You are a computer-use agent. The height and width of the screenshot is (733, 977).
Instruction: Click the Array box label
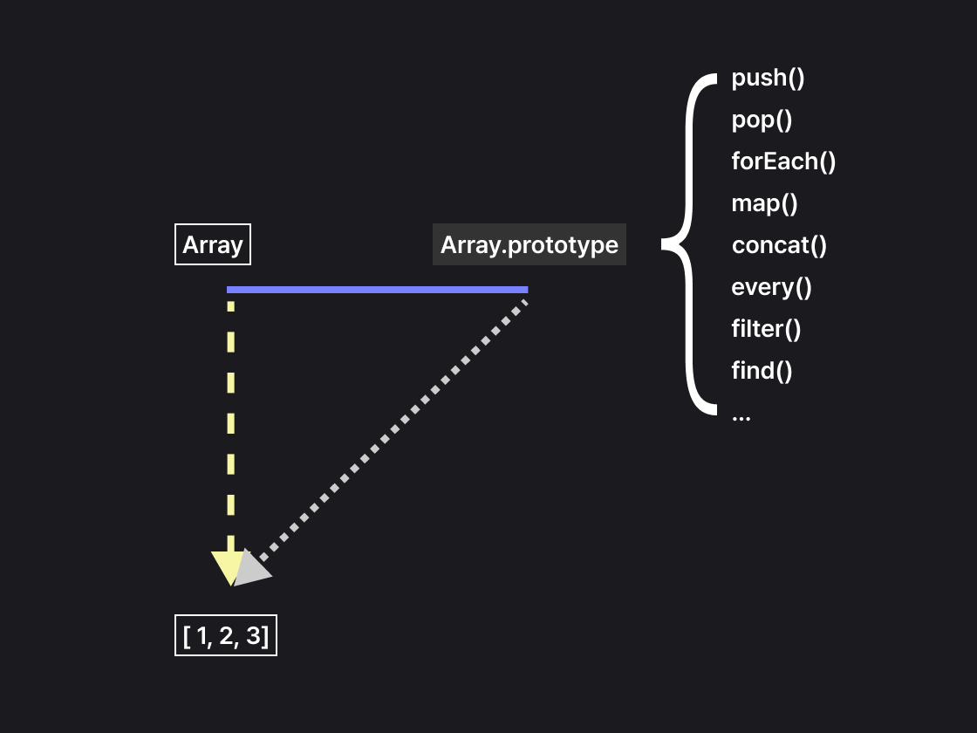pyautogui.click(x=213, y=245)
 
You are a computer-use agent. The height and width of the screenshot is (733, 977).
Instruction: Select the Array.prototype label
pyautogui.click(x=529, y=245)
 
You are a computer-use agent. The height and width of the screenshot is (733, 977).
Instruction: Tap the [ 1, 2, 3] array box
pyautogui.click(x=226, y=636)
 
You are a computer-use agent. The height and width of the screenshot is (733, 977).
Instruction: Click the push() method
pyautogui.click(x=768, y=79)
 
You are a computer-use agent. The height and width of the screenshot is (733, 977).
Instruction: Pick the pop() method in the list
pyautogui.click(x=762, y=120)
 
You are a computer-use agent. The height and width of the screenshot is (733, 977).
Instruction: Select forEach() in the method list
pyautogui.click(x=783, y=161)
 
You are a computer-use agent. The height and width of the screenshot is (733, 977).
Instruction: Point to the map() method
pyautogui.click(x=764, y=203)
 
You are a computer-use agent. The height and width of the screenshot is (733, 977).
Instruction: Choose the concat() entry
pyautogui.click(x=779, y=245)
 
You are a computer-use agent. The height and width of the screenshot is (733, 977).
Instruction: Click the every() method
pyautogui.click(x=771, y=287)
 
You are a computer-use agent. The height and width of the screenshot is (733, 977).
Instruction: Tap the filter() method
pyautogui.click(x=766, y=329)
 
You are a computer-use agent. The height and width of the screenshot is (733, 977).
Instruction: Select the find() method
pyautogui.click(x=762, y=371)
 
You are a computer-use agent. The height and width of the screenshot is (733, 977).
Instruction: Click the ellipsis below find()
pyautogui.click(x=741, y=417)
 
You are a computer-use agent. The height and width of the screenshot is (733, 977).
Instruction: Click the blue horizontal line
pyautogui.click(x=377, y=289)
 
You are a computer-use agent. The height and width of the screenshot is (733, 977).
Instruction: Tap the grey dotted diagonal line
pyautogui.click(x=393, y=428)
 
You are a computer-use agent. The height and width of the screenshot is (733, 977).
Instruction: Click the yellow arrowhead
pyautogui.click(x=225, y=567)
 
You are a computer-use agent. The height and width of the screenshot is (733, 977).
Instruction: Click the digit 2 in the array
pyautogui.click(x=227, y=636)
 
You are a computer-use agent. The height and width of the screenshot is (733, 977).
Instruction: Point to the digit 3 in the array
pyautogui.click(x=253, y=636)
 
